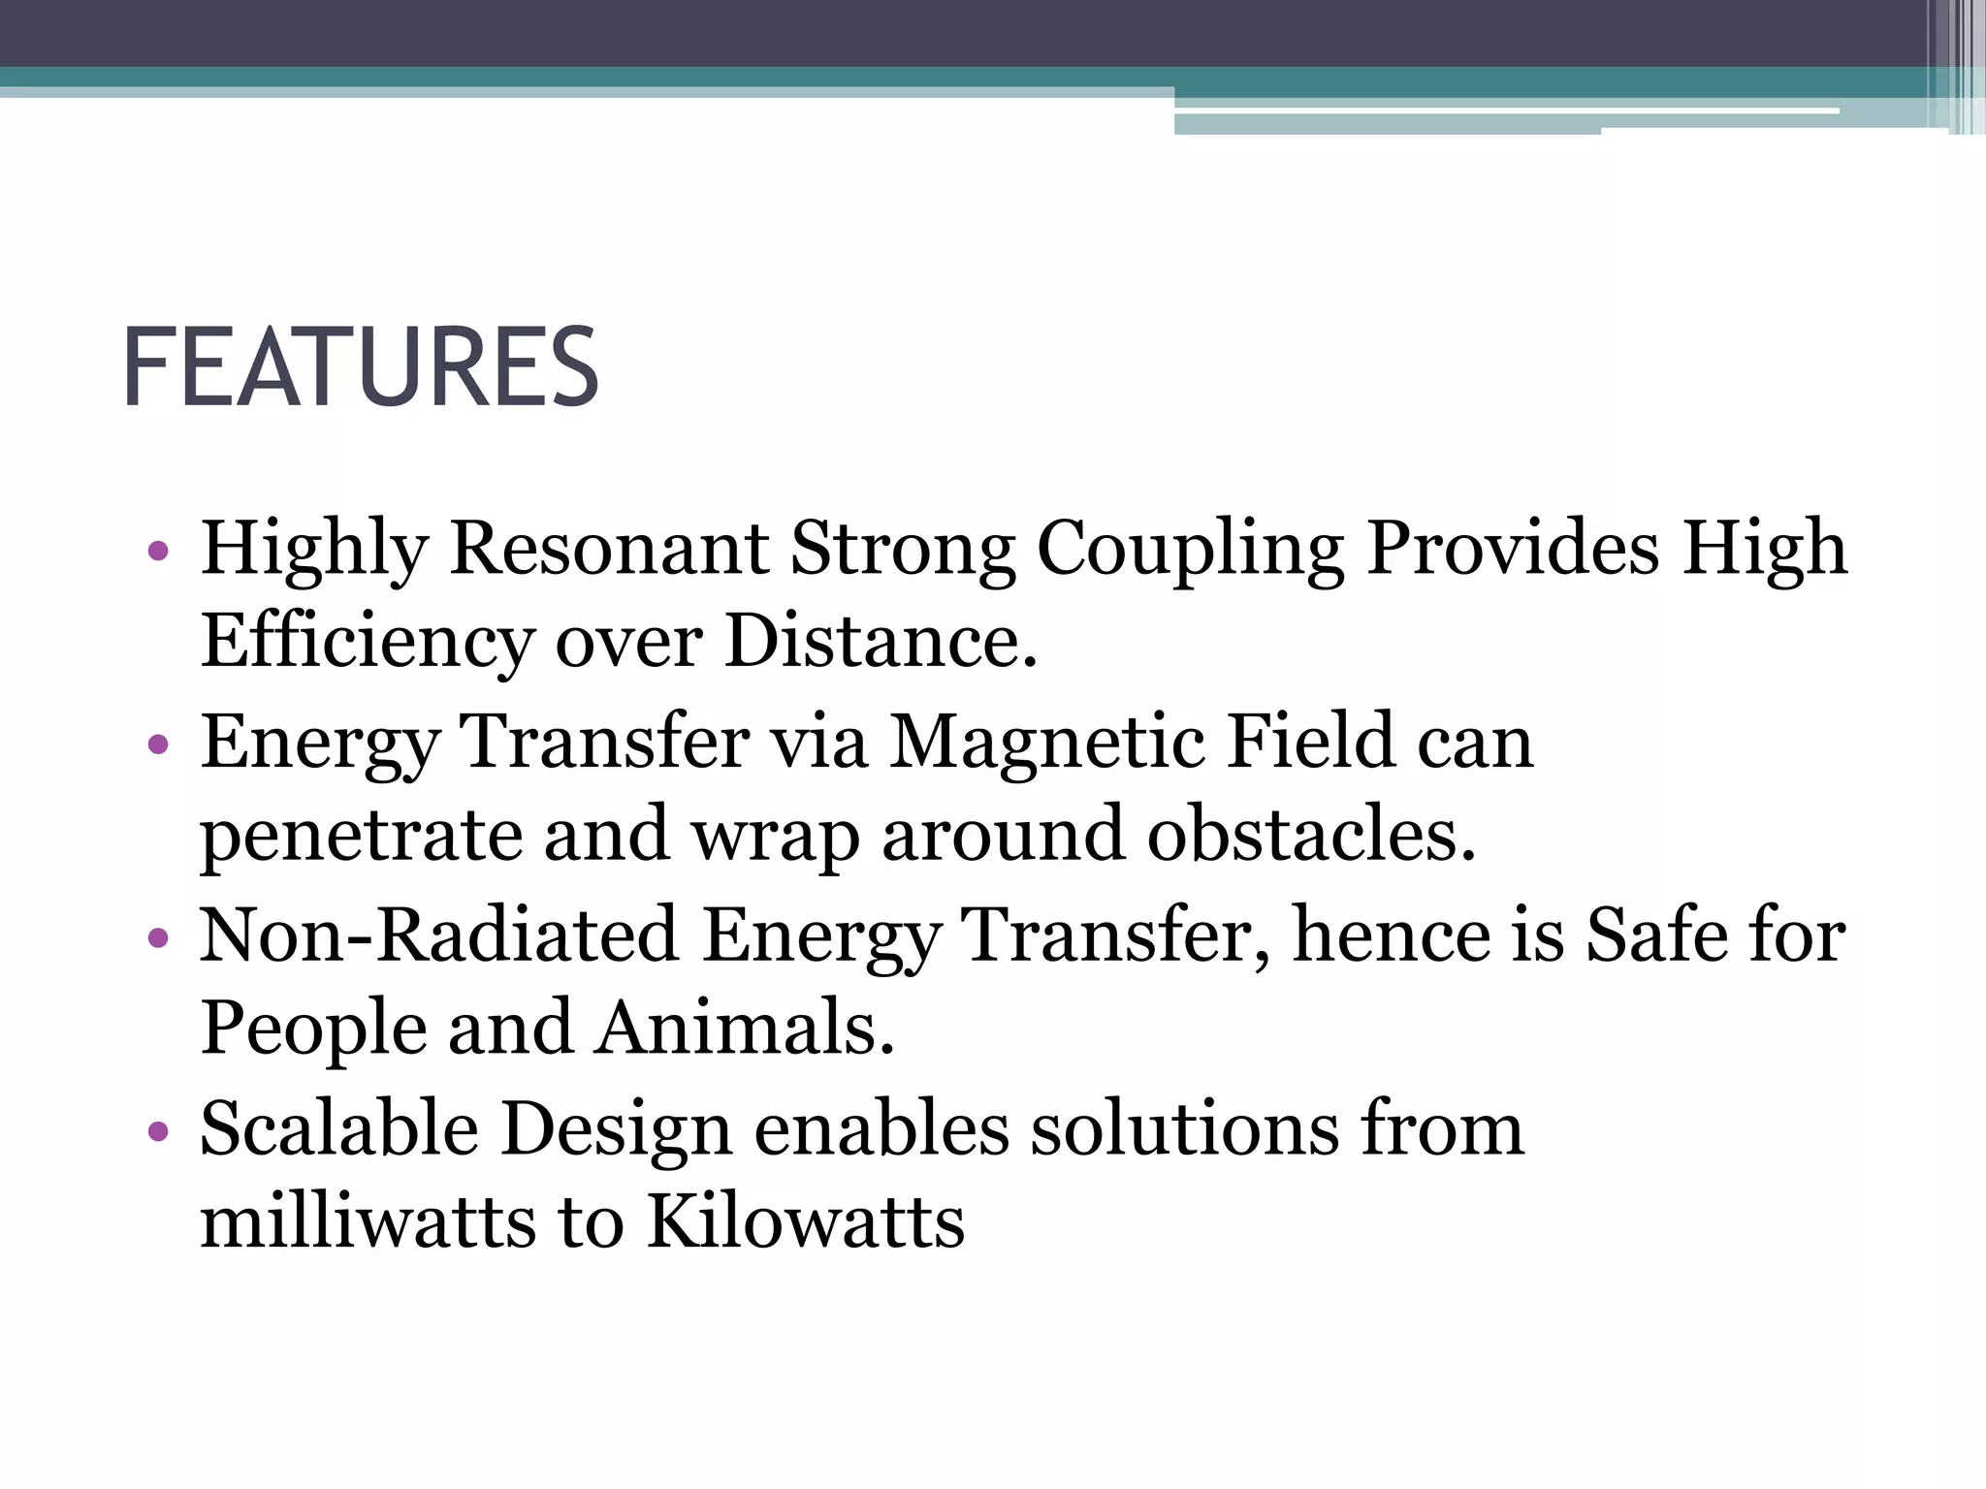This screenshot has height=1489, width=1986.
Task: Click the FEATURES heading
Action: (x=361, y=368)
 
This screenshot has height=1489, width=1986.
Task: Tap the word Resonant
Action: (x=609, y=548)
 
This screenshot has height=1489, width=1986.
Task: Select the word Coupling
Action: (x=1190, y=550)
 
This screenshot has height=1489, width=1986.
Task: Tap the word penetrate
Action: (x=361, y=836)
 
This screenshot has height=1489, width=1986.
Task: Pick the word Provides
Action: (x=1513, y=548)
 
